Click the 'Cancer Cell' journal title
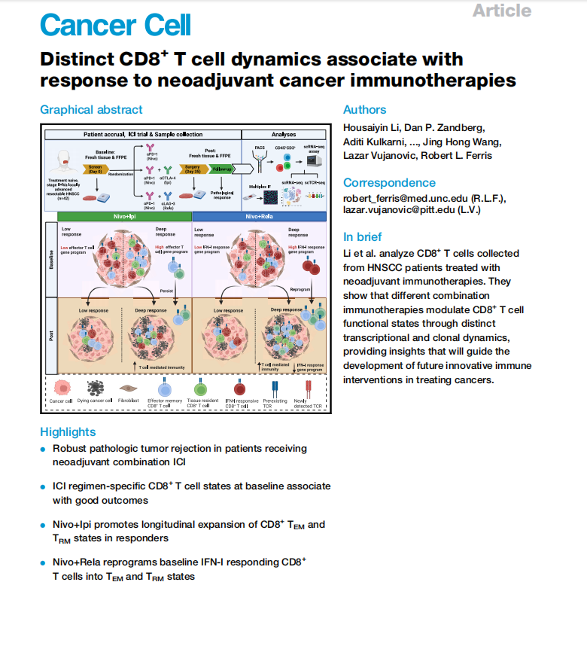tap(116, 25)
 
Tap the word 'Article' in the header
tap(502, 11)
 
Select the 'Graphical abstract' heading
tap(91, 110)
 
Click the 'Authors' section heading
tap(364, 110)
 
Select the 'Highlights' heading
tap(68, 431)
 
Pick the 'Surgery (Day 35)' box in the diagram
tap(192, 169)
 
